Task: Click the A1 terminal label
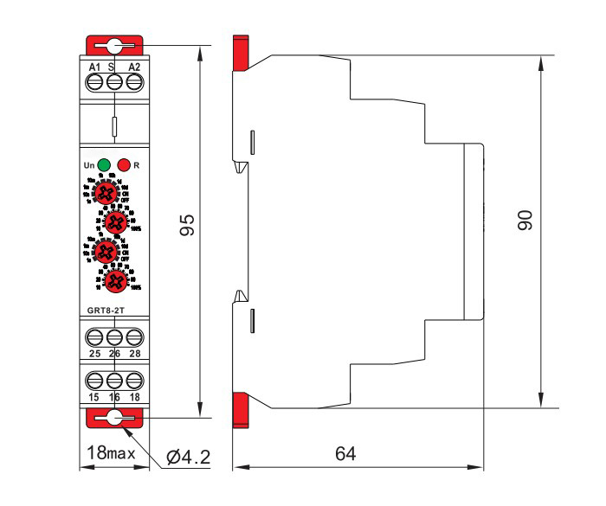(94, 67)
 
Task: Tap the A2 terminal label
(133, 67)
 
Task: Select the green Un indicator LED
(104, 163)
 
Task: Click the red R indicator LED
(124, 163)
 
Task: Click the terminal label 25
(94, 354)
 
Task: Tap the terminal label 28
(133, 354)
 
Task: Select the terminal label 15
(94, 396)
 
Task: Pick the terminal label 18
(133, 396)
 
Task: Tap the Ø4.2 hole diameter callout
(188, 456)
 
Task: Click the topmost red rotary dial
(106, 193)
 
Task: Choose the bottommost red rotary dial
(114, 279)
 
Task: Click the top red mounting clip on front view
(113, 46)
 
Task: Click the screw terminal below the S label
(114, 82)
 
